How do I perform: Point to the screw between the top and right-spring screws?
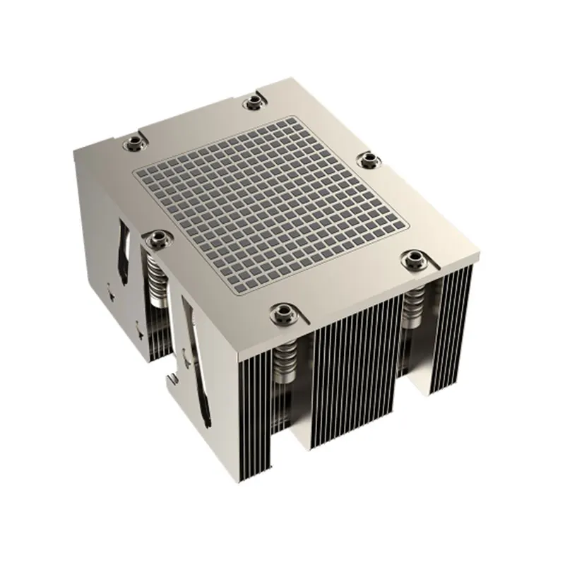pos(367,160)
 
